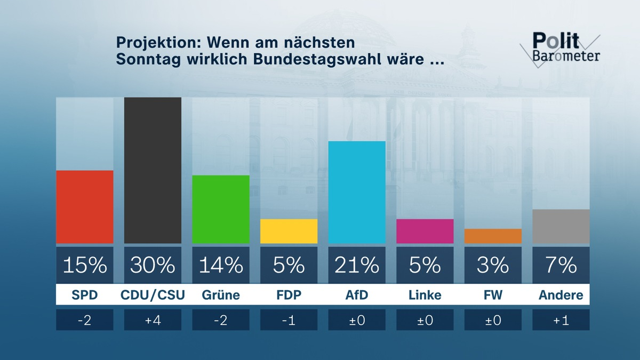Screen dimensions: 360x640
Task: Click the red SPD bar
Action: click(84, 207)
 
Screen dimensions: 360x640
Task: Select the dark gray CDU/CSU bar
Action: click(153, 170)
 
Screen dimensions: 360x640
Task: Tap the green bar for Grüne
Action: click(221, 209)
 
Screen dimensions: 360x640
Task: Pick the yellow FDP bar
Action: click(289, 231)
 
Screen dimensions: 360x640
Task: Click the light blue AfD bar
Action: click(357, 192)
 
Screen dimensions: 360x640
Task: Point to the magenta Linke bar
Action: click(425, 231)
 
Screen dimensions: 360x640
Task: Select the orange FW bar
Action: click(493, 236)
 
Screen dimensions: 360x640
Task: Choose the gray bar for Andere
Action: click(561, 226)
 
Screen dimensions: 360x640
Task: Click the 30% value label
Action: click(153, 265)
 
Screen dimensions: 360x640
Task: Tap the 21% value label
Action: click(357, 265)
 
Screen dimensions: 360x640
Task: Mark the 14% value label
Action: click(221, 265)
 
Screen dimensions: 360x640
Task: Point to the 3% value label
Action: click(493, 265)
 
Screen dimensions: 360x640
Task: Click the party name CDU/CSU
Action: click(153, 295)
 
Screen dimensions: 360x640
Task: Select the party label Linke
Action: click(425, 295)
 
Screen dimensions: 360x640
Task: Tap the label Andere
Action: click(561, 295)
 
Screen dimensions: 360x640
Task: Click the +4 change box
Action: click(153, 319)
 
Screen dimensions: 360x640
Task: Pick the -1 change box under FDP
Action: click(289, 319)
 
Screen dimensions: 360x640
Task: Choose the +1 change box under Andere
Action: click(561, 319)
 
